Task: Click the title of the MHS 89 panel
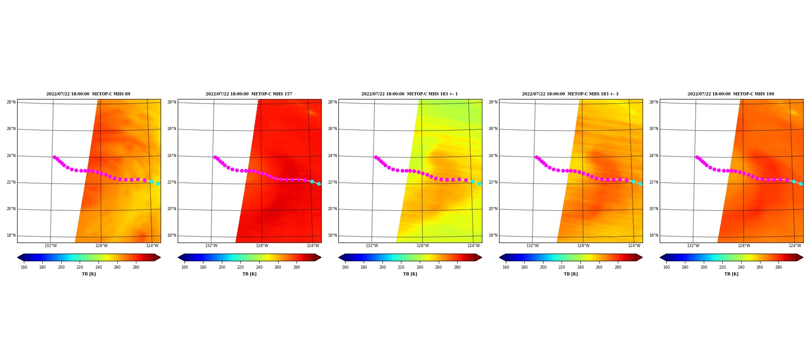88,94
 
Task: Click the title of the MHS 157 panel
249,94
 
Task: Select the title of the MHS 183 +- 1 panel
409,94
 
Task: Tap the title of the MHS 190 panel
731,94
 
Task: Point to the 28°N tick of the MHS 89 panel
11,102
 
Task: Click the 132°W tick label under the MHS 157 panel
211,246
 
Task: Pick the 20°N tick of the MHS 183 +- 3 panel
493,209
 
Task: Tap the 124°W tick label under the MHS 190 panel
795,246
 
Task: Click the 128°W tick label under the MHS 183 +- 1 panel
423,246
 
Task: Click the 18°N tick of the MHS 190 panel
653,235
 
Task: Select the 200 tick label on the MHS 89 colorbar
61,267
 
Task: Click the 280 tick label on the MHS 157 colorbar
297,267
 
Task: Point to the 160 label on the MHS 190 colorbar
666,267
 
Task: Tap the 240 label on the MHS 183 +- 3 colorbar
580,267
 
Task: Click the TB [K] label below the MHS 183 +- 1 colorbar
410,274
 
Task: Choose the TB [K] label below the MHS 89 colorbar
89,274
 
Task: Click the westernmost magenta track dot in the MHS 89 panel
54,157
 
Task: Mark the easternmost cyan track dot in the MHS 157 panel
319,184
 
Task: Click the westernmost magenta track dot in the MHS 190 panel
697,157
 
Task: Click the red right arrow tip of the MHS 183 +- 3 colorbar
642,257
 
